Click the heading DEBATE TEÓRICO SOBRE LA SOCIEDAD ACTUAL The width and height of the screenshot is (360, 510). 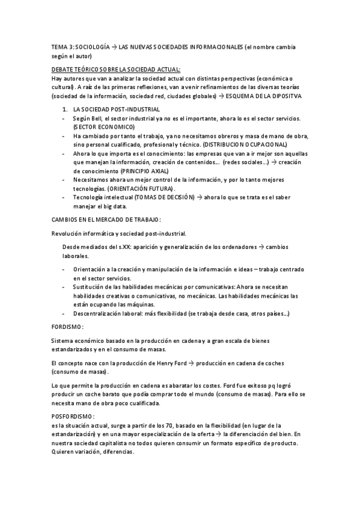point(115,70)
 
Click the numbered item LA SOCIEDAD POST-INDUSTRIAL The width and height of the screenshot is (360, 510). point(116,109)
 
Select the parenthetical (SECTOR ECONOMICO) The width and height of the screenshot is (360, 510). point(103,127)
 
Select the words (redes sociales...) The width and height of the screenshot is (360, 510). point(243,162)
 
